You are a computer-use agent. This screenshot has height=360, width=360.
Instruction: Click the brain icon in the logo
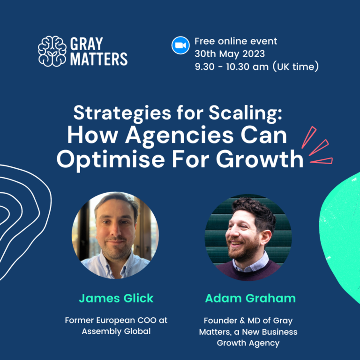pyautogui.click(x=52, y=51)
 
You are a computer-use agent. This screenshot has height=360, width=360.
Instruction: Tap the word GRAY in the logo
pyautogui.click(x=86, y=44)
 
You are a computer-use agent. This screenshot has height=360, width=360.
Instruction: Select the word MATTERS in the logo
pyautogui.click(x=99, y=59)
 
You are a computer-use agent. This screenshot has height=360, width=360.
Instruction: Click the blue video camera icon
pyautogui.click(x=180, y=45)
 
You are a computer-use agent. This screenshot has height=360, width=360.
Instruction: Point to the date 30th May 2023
pyautogui.click(x=230, y=54)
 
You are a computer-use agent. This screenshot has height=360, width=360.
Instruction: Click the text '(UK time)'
pyautogui.click(x=295, y=67)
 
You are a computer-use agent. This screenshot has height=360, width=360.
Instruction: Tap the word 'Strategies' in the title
pyautogui.click(x=122, y=113)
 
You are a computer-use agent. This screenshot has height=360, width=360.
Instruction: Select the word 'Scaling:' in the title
pyautogui.click(x=245, y=113)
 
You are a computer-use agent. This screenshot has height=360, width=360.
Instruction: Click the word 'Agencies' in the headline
pyautogui.click(x=180, y=136)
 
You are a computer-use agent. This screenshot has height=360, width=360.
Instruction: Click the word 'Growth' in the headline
pyautogui.click(x=260, y=159)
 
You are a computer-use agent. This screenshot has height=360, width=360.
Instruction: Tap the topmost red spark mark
pyautogui.click(x=309, y=137)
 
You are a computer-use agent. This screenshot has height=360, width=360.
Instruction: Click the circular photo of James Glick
pyautogui.click(x=115, y=235)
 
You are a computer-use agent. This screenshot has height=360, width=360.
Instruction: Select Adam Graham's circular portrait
pyautogui.click(x=248, y=238)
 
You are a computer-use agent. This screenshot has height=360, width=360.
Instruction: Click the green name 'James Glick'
pyautogui.click(x=116, y=298)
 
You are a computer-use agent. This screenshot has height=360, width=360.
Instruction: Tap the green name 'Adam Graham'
pyautogui.click(x=250, y=298)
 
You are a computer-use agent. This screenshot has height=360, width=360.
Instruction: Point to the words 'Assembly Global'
pyautogui.click(x=116, y=331)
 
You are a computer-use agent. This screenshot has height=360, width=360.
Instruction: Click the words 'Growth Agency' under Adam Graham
pyautogui.click(x=248, y=343)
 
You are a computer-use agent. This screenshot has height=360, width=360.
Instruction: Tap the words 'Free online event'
pyautogui.click(x=236, y=41)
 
